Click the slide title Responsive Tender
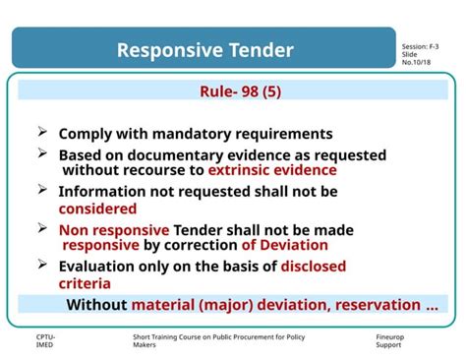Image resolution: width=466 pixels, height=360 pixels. tap(205, 49)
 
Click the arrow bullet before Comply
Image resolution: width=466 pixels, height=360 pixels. tap(43, 132)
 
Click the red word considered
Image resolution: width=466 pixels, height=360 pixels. tap(97, 208)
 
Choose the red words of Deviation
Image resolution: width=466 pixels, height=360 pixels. tap(284, 245)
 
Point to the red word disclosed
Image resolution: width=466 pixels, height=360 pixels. tap(320, 266)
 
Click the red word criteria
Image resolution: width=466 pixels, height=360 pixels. tap(86, 283)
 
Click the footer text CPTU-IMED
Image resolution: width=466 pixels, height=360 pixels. tap(45, 341)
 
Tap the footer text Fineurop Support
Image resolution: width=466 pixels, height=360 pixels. tap(390, 341)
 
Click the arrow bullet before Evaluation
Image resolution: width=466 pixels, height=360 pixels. tap(43, 265)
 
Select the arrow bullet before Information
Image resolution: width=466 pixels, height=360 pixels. tap(43, 190)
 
